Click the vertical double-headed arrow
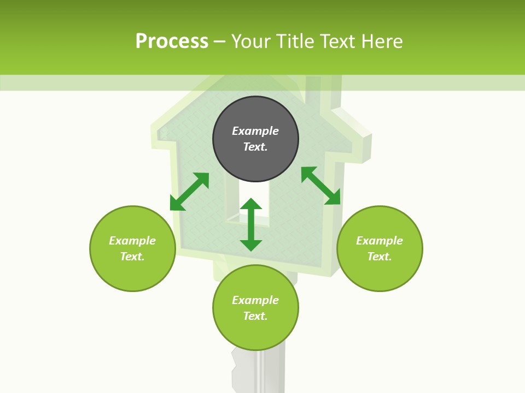(x=251, y=224)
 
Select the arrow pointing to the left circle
(x=189, y=192)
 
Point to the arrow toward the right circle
(x=320, y=186)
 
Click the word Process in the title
(x=172, y=41)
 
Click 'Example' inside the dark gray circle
(x=255, y=131)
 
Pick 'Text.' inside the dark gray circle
(x=255, y=147)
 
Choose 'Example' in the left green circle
(x=132, y=241)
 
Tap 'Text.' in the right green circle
(x=380, y=257)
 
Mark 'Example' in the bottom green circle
(x=255, y=300)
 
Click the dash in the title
(x=220, y=42)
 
